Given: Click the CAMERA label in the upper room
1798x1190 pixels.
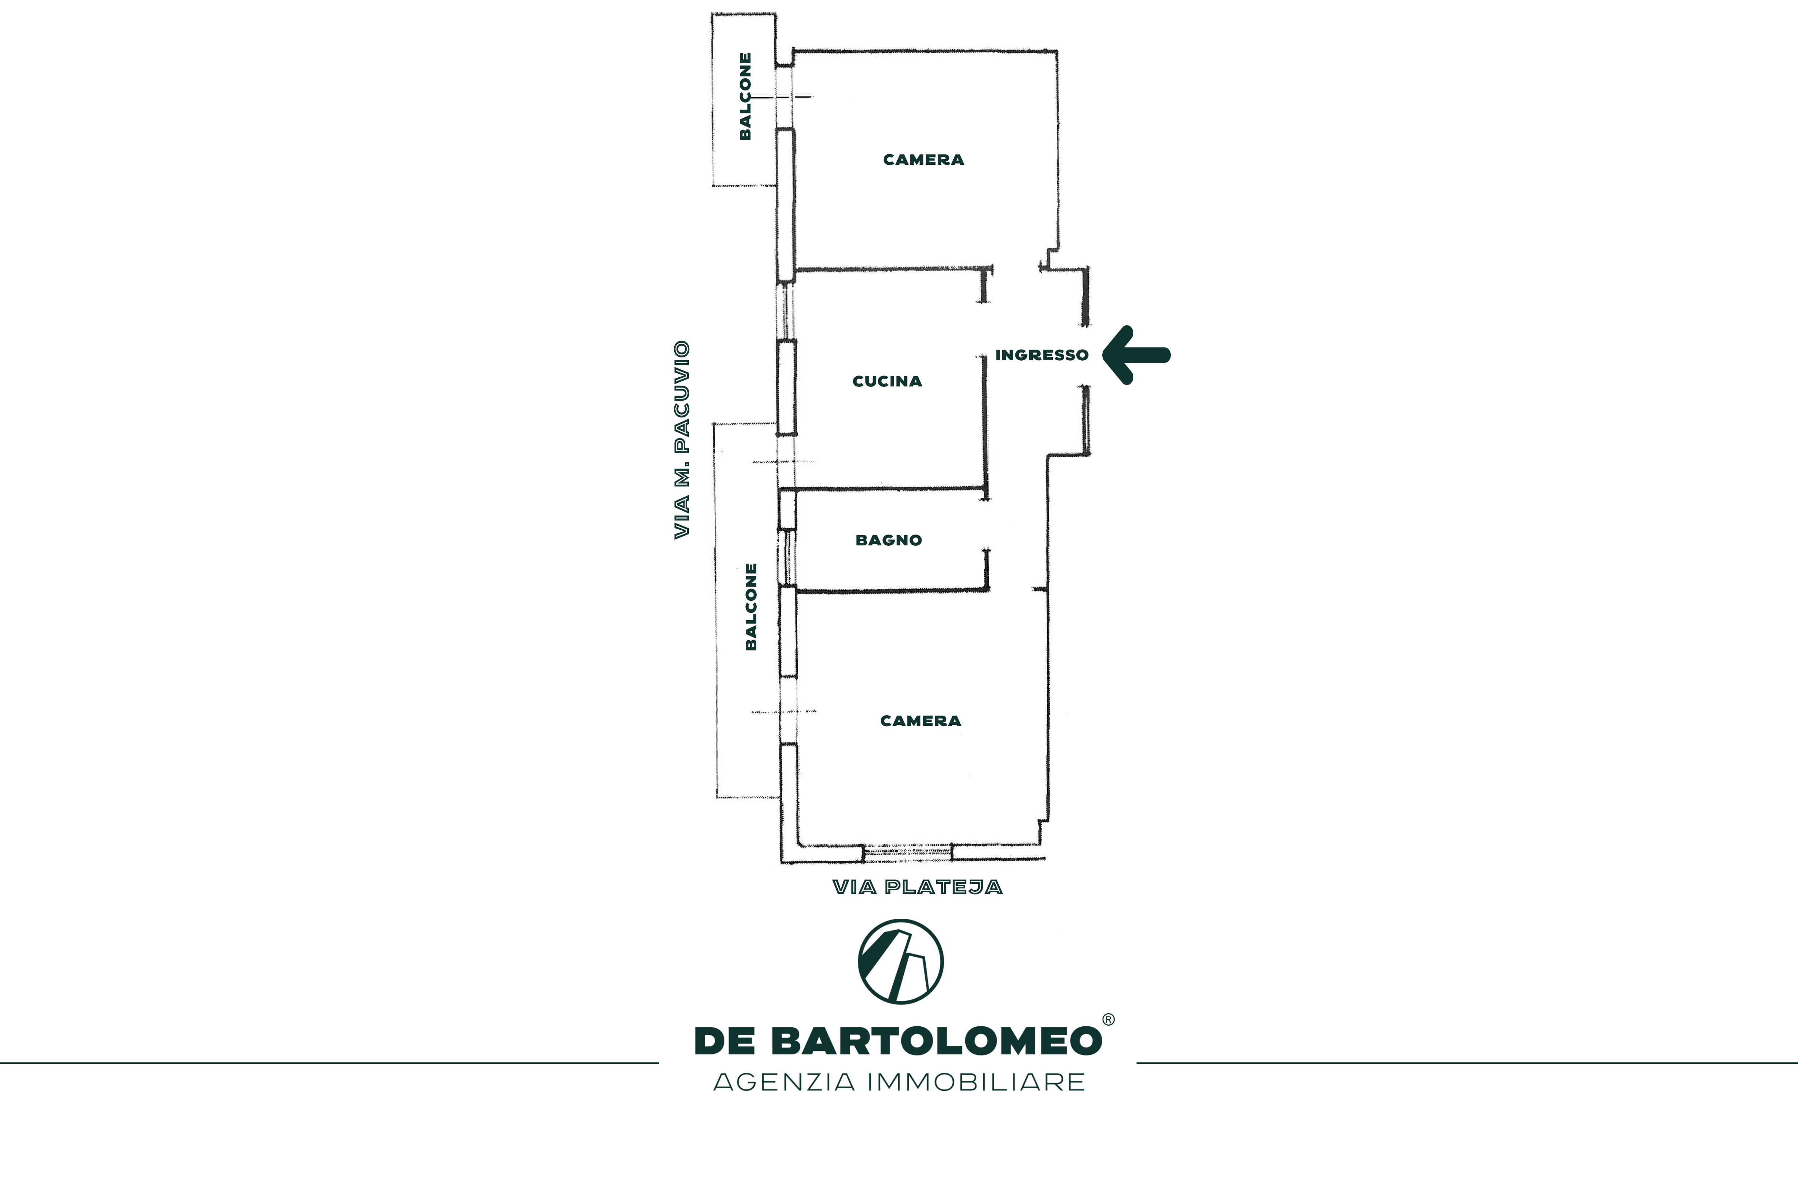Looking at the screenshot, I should [x=923, y=159].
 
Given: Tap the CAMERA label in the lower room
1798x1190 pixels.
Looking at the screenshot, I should [x=920, y=721].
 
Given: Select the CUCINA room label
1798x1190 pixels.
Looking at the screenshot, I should [x=887, y=381].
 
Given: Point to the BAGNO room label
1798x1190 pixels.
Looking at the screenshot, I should [x=888, y=540].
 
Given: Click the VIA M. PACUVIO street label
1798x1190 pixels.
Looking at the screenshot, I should [x=682, y=440].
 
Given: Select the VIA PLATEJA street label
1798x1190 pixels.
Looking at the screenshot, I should [x=917, y=887].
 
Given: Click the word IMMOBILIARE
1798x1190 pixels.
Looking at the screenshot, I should [x=976, y=1081].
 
